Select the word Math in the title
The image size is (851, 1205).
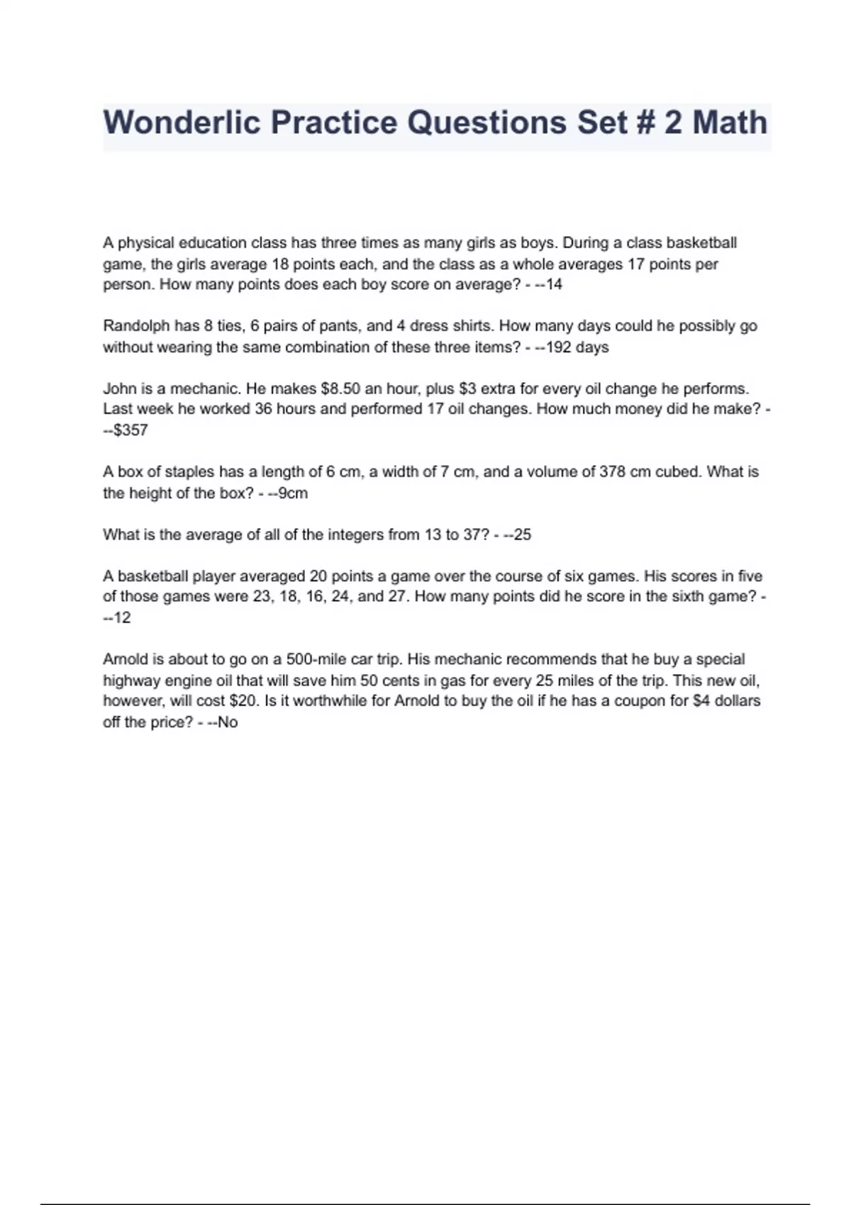730,122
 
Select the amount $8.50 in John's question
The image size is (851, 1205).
340,388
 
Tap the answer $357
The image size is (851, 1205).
130,430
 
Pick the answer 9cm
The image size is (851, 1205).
293,493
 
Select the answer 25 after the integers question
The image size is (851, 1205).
522,534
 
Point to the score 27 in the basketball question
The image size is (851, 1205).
396,597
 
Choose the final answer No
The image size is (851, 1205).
228,722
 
